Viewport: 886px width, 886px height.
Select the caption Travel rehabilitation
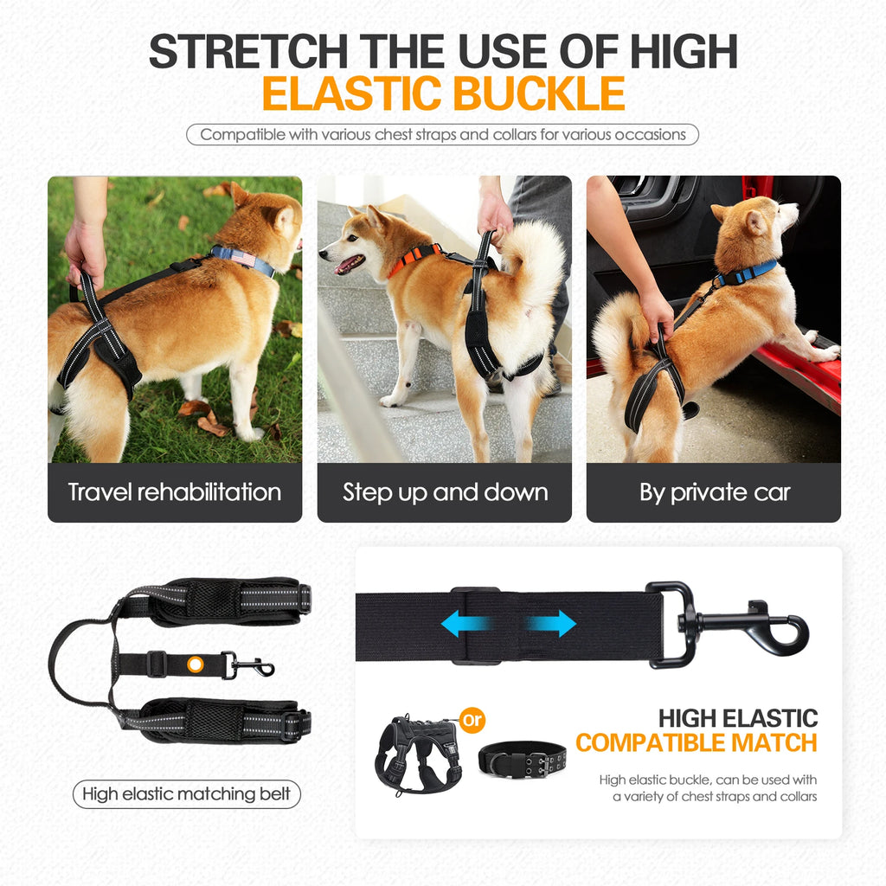coord(175,492)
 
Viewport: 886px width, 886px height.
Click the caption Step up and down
coord(445,492)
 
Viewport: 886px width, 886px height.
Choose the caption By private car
coord(714,492)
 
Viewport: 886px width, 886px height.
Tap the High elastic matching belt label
coord(186,793)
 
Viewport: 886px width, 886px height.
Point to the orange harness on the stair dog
coord(414,257)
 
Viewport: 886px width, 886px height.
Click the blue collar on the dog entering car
coord(747,273)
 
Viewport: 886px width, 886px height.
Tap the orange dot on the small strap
coord(196,664)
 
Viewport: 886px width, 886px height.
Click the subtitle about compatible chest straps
coord(443,134)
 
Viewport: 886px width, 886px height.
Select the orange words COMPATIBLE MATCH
coord(696,742)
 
